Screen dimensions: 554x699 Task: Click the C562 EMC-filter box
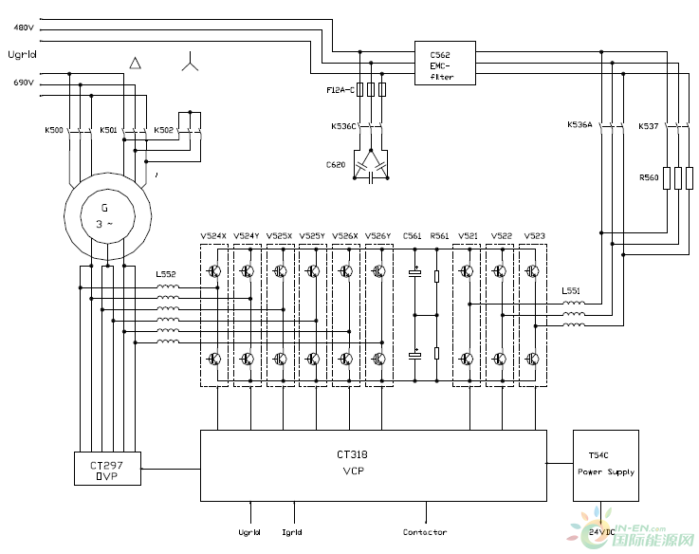[445, 64]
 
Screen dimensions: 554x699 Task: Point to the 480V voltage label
[23, 28]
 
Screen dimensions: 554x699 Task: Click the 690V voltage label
[23, 83]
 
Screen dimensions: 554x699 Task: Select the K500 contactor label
[54, 130]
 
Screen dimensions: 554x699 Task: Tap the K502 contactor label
[163, 130]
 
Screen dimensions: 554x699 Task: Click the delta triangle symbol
[136, 63]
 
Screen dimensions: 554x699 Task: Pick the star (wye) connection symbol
[190, 65]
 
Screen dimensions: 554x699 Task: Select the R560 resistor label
[649, 176]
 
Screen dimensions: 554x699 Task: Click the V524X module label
[213, 235]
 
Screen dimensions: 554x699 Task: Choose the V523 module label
[534, 235]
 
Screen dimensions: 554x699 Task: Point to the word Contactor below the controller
[424, 532]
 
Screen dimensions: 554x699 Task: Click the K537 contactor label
[648, 125]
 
